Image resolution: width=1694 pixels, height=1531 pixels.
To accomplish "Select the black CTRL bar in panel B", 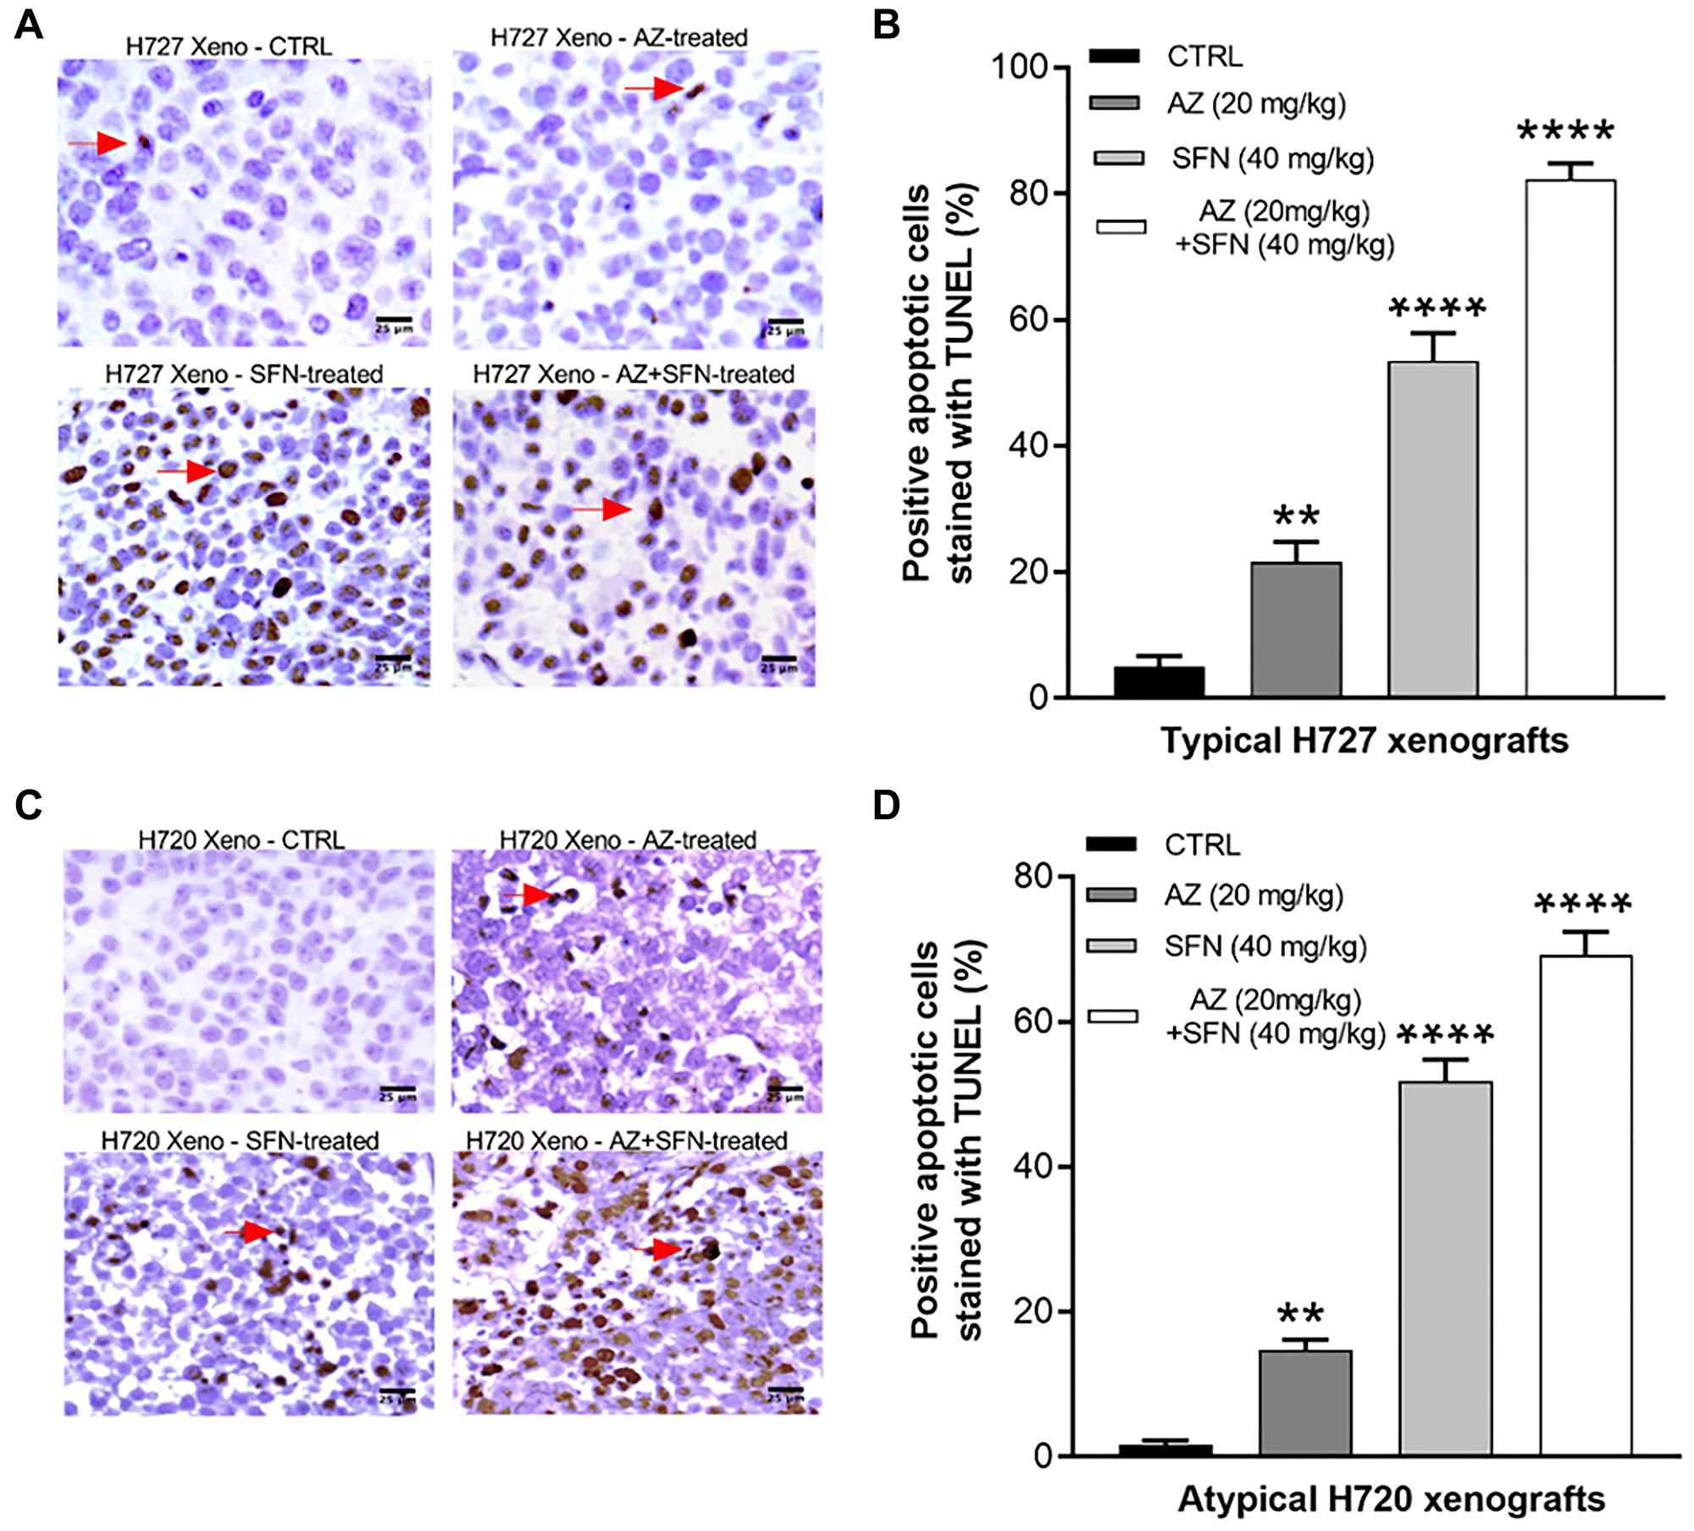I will [x=1159, y=681].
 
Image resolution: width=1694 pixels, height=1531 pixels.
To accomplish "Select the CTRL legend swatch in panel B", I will [x=1115, y=57].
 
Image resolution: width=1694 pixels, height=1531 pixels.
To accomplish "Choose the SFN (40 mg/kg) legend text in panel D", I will [x=1265, y=946].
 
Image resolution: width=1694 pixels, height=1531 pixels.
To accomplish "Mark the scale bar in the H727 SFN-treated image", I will [x=392, y=658].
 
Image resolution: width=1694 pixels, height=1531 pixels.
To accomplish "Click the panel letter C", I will [x=28, y=805].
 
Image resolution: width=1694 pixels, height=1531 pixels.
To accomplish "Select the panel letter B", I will [x=885, y=25].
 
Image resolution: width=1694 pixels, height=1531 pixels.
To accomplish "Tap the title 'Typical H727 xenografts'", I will [x=1364, y=741].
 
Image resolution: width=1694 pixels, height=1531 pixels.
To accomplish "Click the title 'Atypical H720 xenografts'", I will [x=1391, y=1499].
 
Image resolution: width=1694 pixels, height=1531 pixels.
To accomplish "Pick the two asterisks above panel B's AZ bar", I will [x=1296, y=515].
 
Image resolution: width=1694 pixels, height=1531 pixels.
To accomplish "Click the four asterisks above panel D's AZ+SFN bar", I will [x=1582, y=904].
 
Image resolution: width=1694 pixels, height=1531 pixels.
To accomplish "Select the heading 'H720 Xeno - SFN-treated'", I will [x=240, y=1140].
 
